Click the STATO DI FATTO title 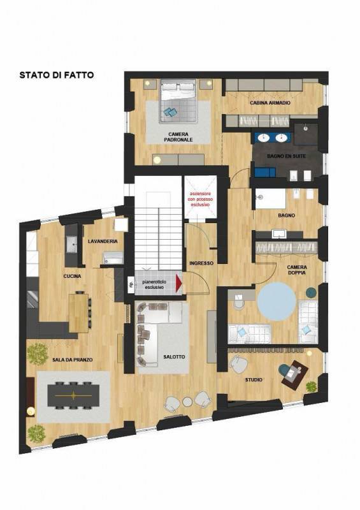57,75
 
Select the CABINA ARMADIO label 270,103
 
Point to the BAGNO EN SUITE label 287,156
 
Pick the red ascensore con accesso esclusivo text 200,199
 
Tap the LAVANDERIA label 103,242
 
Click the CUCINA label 72,276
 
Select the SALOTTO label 174,357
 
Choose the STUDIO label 254,379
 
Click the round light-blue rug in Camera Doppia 277,302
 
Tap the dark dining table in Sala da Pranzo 73,395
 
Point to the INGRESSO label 201,263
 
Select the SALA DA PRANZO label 73,360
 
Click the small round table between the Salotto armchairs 187,402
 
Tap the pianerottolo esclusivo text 154,284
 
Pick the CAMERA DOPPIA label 296,270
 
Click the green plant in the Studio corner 311,387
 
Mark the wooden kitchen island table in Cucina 79,313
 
